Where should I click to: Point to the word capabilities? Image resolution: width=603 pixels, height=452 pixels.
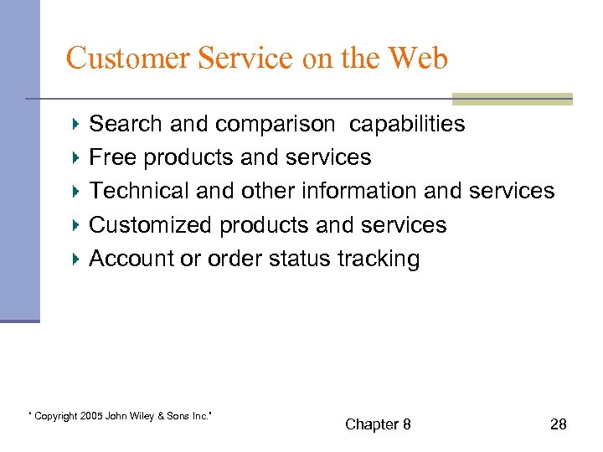tap(407, 125)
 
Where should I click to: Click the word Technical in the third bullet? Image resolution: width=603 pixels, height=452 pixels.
tap(139, 192)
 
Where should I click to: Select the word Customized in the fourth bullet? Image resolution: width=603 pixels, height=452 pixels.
tap(151, 225)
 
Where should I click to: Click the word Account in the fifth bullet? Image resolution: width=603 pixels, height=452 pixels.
tap(131, 259)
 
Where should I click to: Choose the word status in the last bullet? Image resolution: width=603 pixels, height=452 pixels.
tap(300, 259)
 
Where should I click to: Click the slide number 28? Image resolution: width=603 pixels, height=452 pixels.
tap(558, 425)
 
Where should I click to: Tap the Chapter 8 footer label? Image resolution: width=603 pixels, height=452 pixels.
tap(378, 425)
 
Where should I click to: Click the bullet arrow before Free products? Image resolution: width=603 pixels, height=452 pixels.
tap(76, 157)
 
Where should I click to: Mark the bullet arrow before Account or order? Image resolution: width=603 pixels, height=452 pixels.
tap(76, 259)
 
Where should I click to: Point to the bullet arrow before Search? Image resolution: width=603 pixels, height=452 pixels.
tap(76, 124)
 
